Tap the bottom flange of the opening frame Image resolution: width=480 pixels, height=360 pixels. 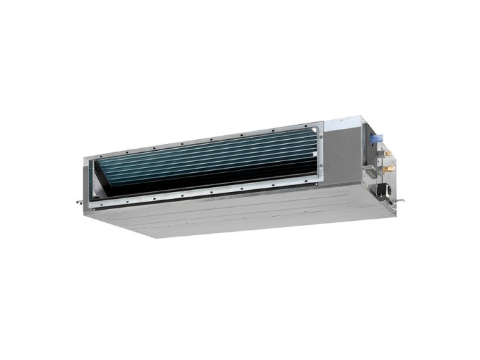206,196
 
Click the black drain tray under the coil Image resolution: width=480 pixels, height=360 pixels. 206,184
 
